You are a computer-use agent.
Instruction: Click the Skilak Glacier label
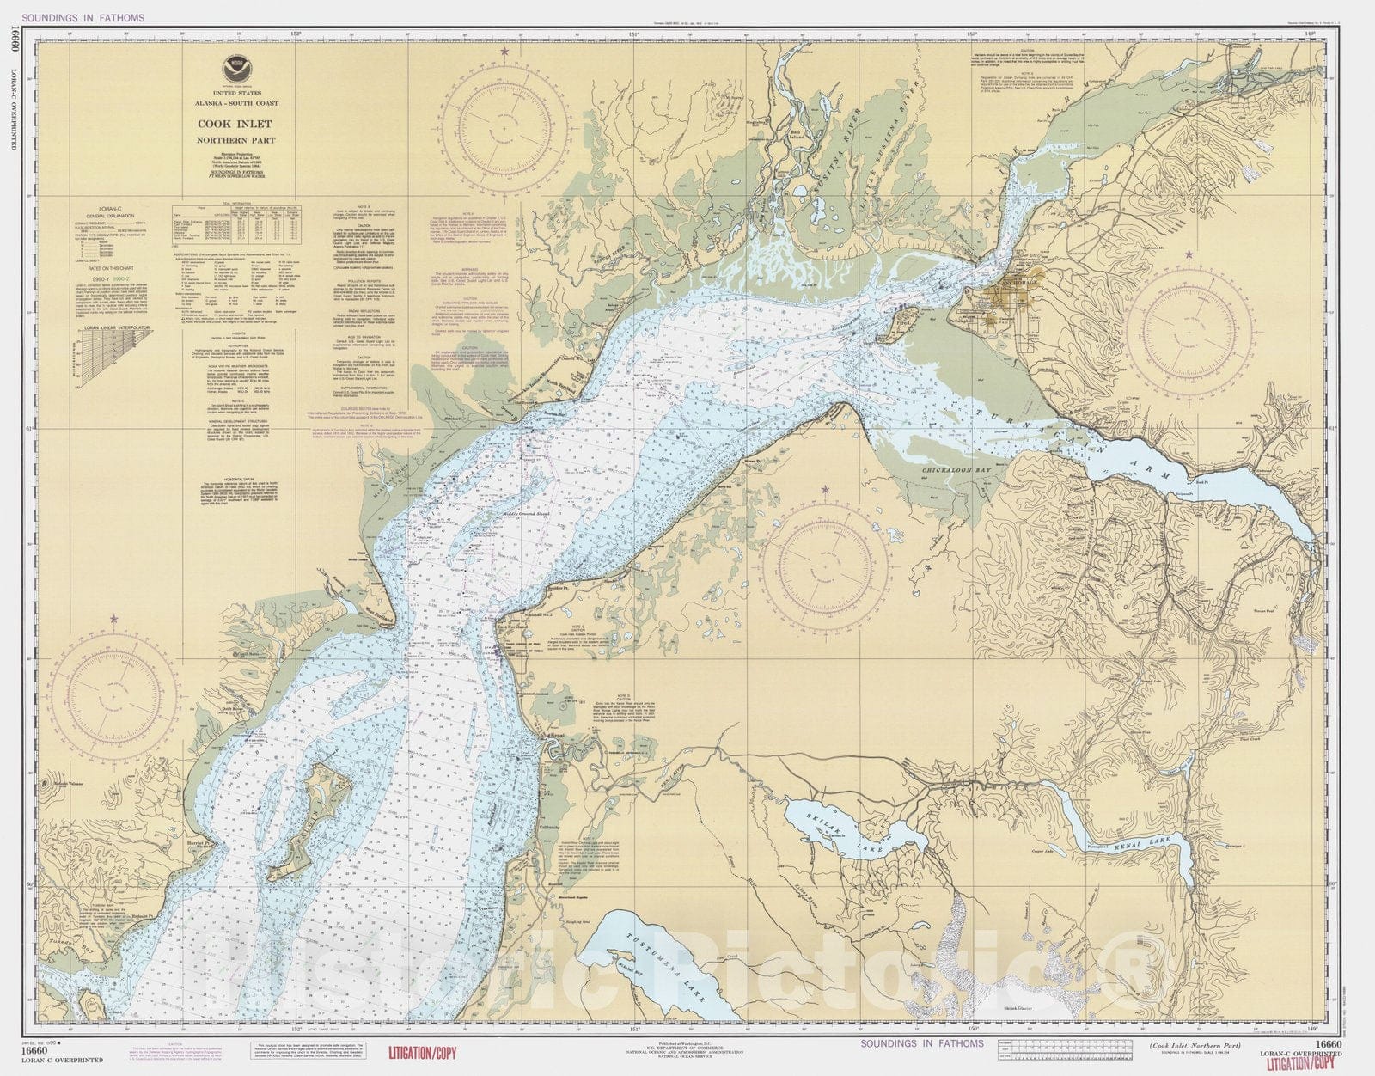pos(1022,1007)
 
